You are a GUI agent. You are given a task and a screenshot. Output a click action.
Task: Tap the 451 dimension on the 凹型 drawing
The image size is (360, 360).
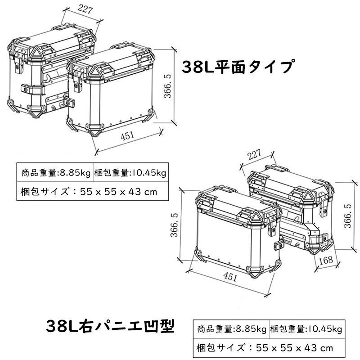point(230,277)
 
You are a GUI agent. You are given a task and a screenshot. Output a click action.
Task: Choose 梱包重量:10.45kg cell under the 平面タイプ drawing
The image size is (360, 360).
point(130,172)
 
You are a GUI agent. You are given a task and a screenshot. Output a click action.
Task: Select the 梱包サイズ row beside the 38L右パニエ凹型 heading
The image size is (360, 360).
point(265,347)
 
